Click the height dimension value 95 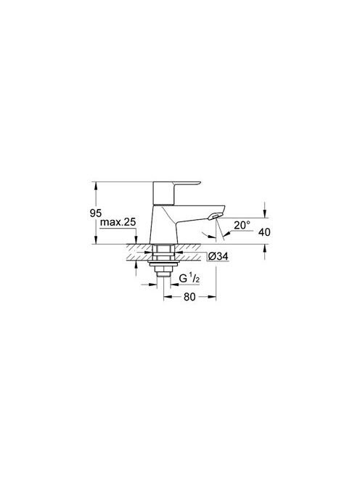(96, 213)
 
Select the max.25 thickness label (118, 222)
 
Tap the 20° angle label (242, 225)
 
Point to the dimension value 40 (264, 232)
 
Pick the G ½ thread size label (189, 279)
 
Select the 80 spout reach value (189, 297)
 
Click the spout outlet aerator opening (214, 217)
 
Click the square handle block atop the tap (163, 193)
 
